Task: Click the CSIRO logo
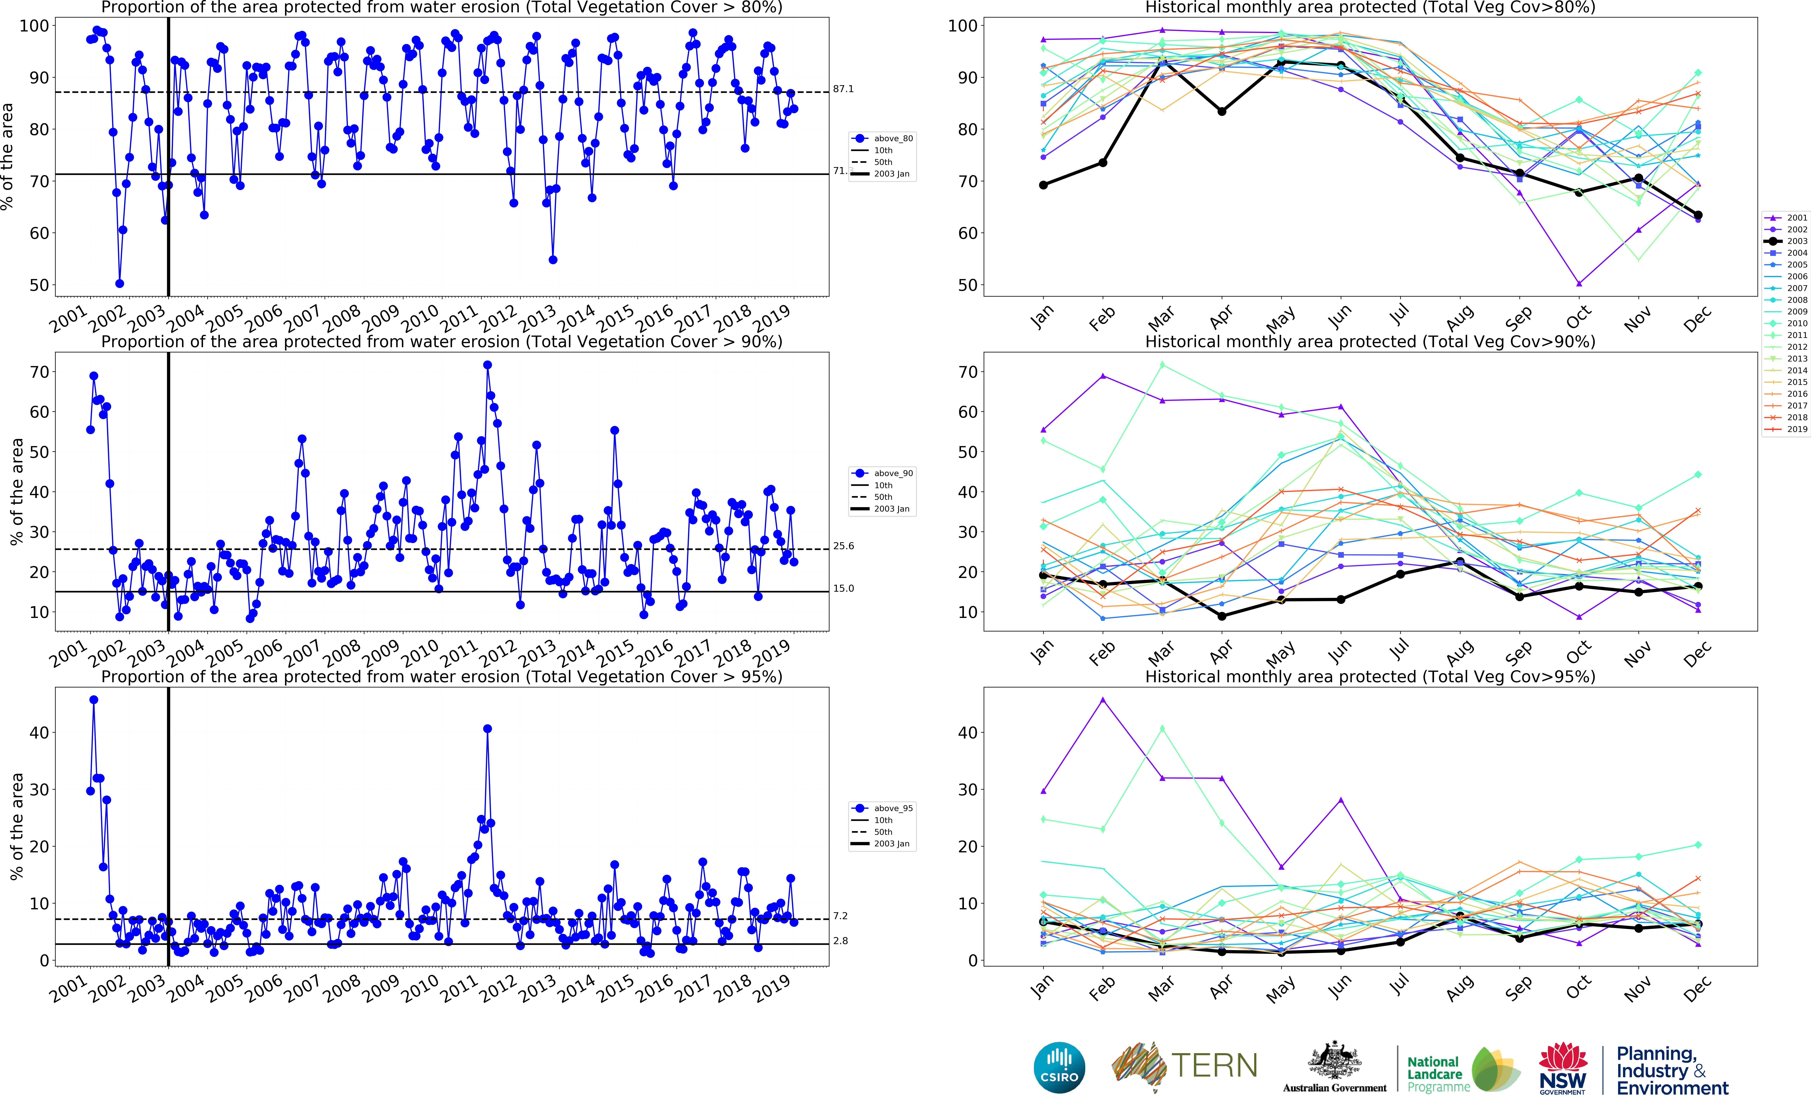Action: click(x=1059, y=1067)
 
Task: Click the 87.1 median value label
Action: click(x=843, y=89)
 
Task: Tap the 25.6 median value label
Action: click(x=843, y=546)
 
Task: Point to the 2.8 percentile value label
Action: click(x=840, y=941)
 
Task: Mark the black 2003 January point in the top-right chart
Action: click(x=1043, y=185)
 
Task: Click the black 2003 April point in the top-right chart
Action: click(x=1222, y=111)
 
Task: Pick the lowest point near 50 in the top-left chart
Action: click(x=120, y=283)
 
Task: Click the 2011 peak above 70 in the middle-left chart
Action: click(x=487, y=365)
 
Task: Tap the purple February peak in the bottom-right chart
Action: click(x=1103, y=700)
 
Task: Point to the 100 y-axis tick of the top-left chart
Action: click(x=34, y=26)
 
